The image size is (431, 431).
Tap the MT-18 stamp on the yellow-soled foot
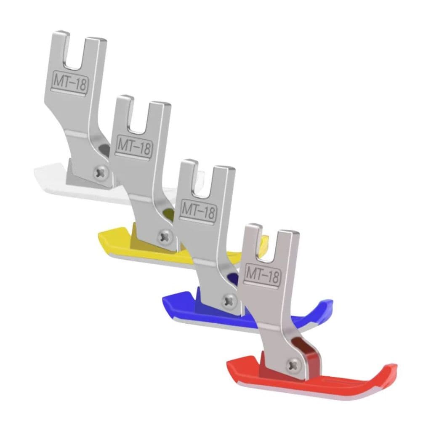pyautogui.click(x=133, y=146)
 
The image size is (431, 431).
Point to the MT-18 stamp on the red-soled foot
pyautogui.click(x=263, y=274)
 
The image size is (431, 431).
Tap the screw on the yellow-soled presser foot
pyautogui.click(x=165, y=236)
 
